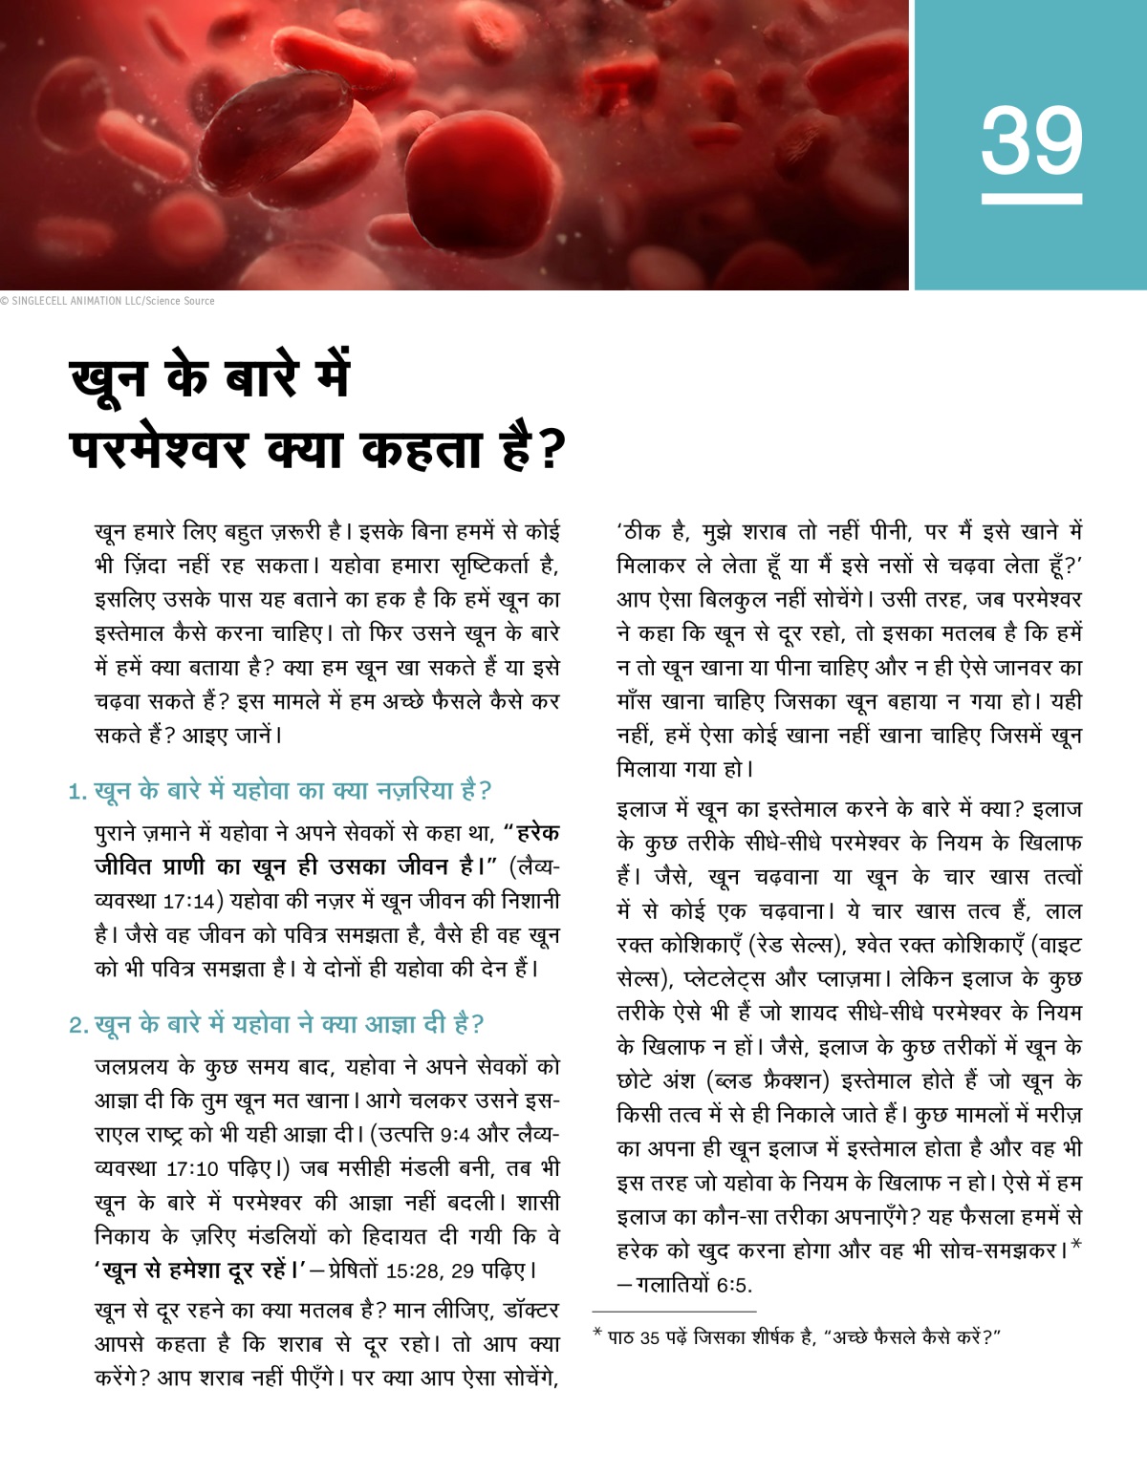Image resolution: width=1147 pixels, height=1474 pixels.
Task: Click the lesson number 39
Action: tap(1031, 140)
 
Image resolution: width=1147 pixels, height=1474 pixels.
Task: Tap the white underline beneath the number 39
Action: tap(1031, 199)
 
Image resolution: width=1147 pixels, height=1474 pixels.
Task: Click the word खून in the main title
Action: tap(109, 376)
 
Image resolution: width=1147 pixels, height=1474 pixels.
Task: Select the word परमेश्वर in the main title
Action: tap(159, 448)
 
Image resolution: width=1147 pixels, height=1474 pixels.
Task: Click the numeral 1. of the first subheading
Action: tap(77, 792)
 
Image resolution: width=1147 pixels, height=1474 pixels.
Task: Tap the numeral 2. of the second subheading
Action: tap(78, 1026)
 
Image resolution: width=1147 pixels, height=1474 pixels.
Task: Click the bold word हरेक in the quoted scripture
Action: tap(537, 833)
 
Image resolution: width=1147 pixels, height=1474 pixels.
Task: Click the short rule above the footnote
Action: tap(674, 1312)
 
